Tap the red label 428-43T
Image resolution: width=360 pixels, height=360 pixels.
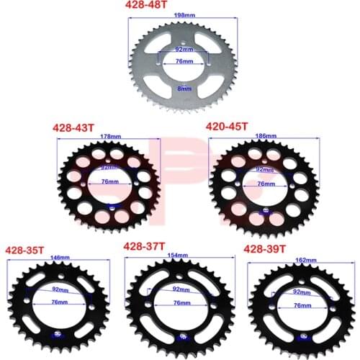(x=75, y=127)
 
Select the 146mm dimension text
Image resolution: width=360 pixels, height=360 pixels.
(x=58, y=257)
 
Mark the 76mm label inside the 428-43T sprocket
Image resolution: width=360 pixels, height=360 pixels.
(x=109, y=183)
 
